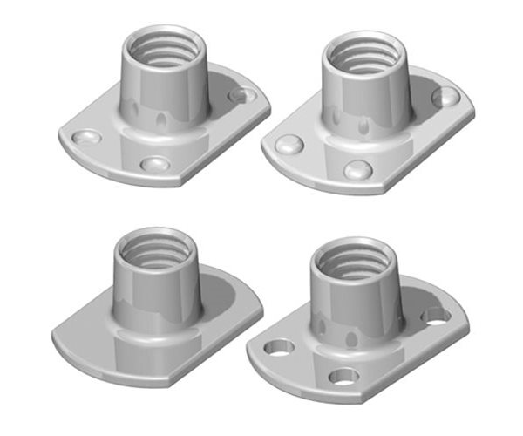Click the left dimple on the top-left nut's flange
pyautogui.click(x=86, y=138)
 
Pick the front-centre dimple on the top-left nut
pyautogui.click(x=155, y=164)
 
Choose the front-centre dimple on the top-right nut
pyautogui.click(x=357, y=169)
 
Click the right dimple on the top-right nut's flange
pyautogui.click(x=445, y=97)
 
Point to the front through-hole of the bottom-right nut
pyautogui.click(x=344, y=377)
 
